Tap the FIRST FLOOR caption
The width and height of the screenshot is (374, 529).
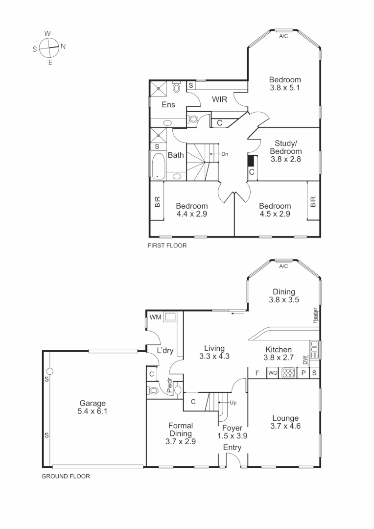(x=167, y=246)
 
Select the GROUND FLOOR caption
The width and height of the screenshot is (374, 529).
(x=65, y=476)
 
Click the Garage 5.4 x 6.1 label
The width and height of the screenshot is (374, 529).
(x=93, y=408)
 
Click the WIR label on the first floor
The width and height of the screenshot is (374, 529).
(x=220, y=99)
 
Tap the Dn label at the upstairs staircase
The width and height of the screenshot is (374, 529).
(x=225, y=154)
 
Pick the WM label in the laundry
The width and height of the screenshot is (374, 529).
(x=156, y=317)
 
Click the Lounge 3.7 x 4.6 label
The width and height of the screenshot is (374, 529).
(x=285, y=422)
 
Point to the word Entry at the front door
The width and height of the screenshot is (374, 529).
(x=232, y=448)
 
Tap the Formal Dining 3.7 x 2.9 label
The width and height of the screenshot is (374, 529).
(x=181, y=433)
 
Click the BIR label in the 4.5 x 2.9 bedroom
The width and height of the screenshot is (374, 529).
(x=313, y=201)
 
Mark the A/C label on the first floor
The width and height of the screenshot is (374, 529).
(x=283, y=36)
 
